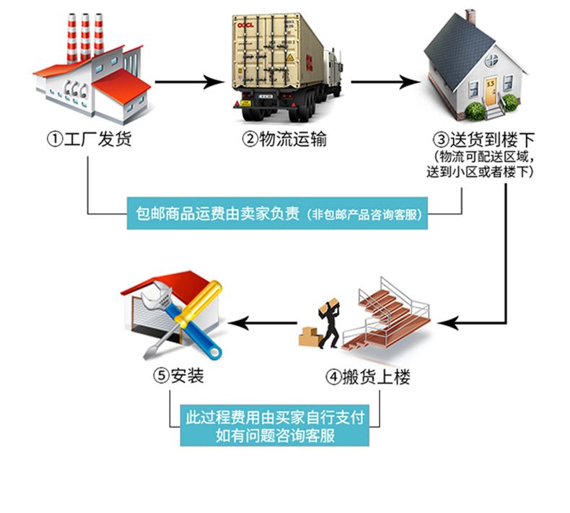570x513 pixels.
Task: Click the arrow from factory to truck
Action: click(x=190, y=82)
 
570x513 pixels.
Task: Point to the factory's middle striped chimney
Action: click(x=85, y=36)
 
